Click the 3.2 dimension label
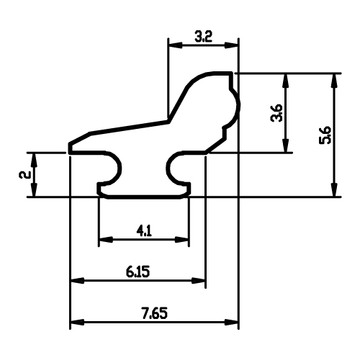(203, 37)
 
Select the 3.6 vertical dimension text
(276, 113)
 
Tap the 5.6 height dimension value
(325, 135)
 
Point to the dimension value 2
(24, 174)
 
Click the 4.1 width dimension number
(144, 231)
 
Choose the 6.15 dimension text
(138, 272)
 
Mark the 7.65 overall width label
(154, 314)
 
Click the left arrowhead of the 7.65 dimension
(77, 322)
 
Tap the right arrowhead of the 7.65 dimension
(231, 322)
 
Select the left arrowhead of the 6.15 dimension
(77, 280)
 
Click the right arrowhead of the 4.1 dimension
(182, 239)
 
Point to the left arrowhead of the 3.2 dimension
(175, 45)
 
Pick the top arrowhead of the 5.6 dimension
(334, 81)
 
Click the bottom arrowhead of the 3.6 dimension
(285, 145)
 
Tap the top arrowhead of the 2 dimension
(35, 160)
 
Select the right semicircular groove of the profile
(169, 168)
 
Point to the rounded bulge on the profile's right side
(238, 106)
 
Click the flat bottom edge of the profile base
(143, 197)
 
